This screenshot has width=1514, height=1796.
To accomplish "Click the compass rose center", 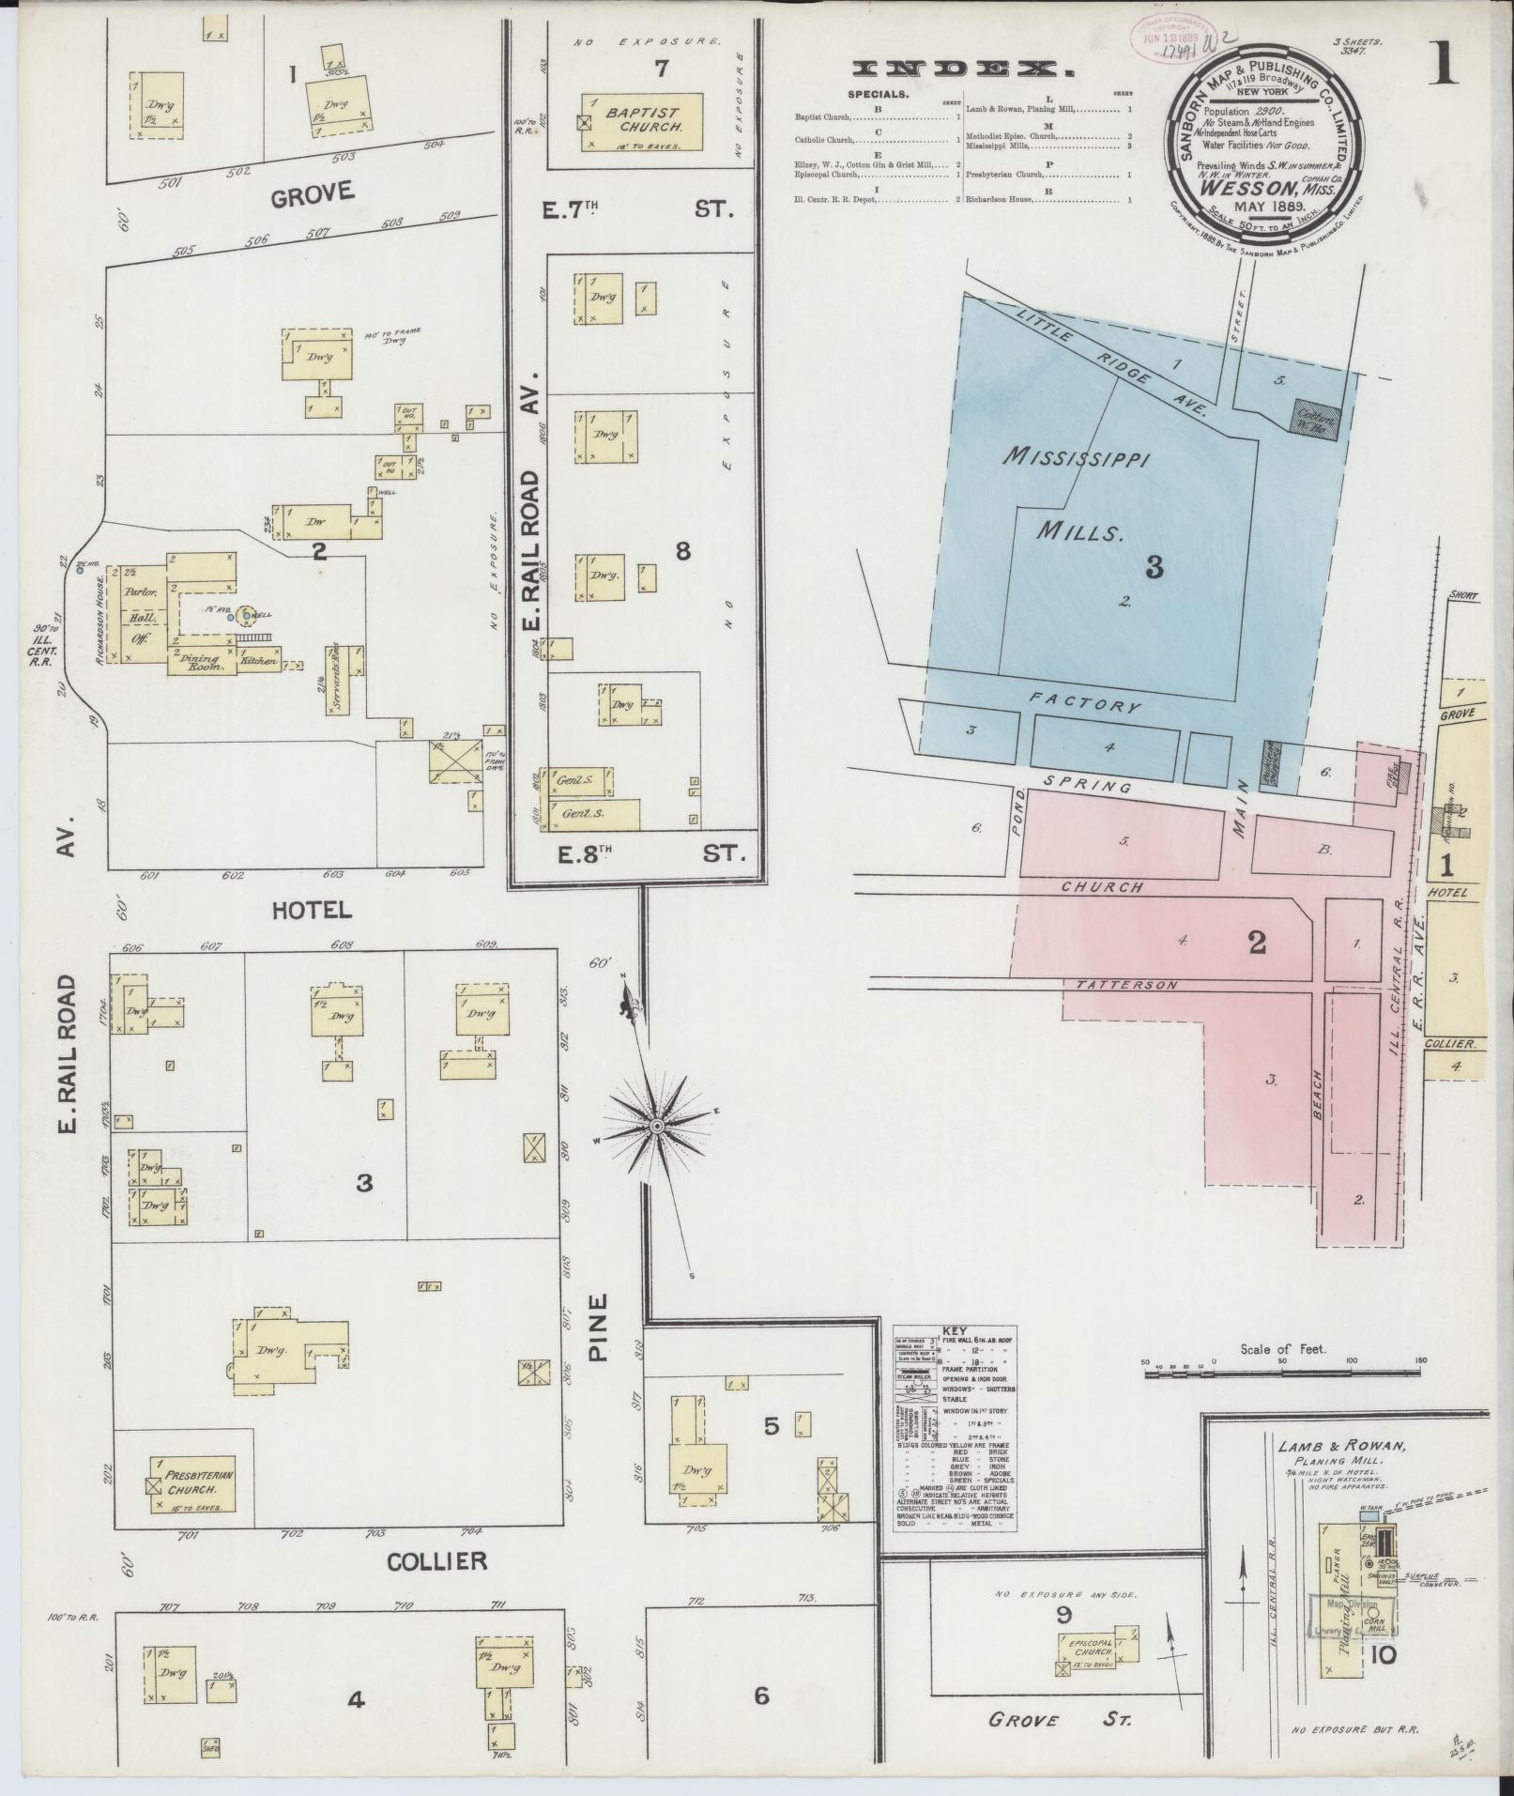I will click(657, 1125).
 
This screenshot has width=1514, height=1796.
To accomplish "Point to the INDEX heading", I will click(962, 69).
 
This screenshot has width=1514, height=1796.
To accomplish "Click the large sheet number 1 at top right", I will click(1445, 65).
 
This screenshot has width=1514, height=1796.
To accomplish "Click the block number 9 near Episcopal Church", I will click(1063, 1639).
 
